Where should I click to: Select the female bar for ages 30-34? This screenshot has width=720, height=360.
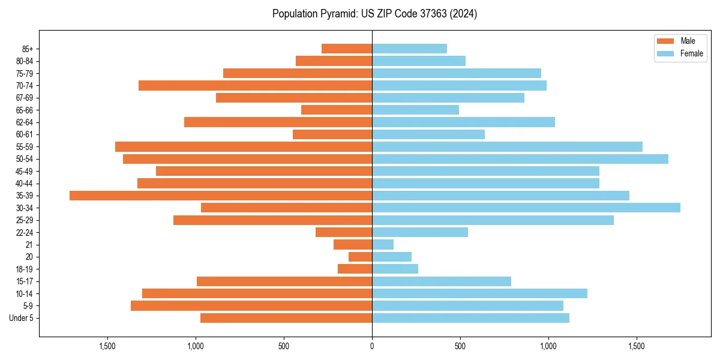pyautogui.click(x=526, y=208)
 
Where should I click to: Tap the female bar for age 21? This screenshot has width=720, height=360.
pyautogui.click(x=383, y=245)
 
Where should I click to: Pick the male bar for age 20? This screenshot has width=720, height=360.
pyautogui.click(x=361, y=257)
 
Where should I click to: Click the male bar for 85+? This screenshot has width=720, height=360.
pyautogui.click(x=347, y=49)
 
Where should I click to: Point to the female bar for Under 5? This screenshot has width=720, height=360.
pyautogui.click(x=470, y=318)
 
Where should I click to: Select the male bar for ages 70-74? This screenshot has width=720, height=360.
pyautogui.click(x=256, y=85)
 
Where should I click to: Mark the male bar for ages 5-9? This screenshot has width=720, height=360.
pyautogui.click(x=251, y=306)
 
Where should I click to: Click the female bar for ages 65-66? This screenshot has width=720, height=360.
pyautogui.click(x=415, y=110)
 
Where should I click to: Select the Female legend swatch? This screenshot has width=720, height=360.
pyautogui.click(x=666, y=53)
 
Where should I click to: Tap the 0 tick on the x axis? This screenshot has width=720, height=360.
pyautogui.click(x=372, y=346)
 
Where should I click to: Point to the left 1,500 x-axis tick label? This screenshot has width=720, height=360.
pyautogui.click(x=107, y=346)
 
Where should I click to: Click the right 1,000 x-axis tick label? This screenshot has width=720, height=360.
pyautogui.click(x=548, y=346)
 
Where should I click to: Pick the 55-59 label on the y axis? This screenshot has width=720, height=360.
pyautogui.click(x=25, y=147)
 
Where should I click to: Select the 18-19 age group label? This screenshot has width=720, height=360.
pyautogui.click(x=25, y=269)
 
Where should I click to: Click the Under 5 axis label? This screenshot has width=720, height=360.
pyautogui.click(x=22, y=318)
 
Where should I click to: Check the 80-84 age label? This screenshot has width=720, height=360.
pyautogui.click(x=25, y=61)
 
